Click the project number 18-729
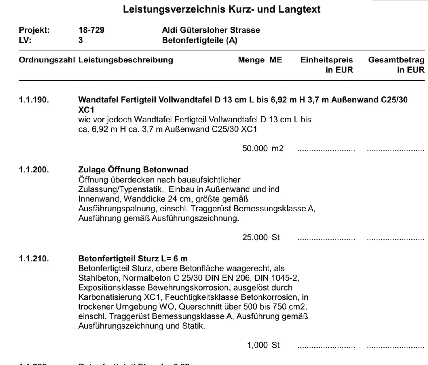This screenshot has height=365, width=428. (91, 30)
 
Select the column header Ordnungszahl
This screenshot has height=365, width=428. (47, 60)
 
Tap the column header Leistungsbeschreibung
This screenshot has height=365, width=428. (126, 60)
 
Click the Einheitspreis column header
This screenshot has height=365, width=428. (326, 60)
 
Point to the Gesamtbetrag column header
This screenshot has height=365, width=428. (396, 60)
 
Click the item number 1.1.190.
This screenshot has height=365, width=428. (34, 100)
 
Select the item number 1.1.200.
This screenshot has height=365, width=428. (34, 170)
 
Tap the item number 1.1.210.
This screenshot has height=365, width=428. (34, 259)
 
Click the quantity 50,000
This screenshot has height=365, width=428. (255, 148)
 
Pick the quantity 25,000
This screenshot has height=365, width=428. (255, 237)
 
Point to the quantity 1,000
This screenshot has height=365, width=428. (257, 345)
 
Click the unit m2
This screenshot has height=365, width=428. (278, 148)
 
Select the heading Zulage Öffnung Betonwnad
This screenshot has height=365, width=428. (133, 170)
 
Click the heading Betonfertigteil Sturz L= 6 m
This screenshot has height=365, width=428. (133, 259)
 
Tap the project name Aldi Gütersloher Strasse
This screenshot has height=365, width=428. (211, 30)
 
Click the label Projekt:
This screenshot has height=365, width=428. (34, 30)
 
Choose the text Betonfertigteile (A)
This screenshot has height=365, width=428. (199, 40)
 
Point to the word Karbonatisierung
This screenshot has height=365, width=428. (110, 297)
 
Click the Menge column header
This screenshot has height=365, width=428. (251, 60)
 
